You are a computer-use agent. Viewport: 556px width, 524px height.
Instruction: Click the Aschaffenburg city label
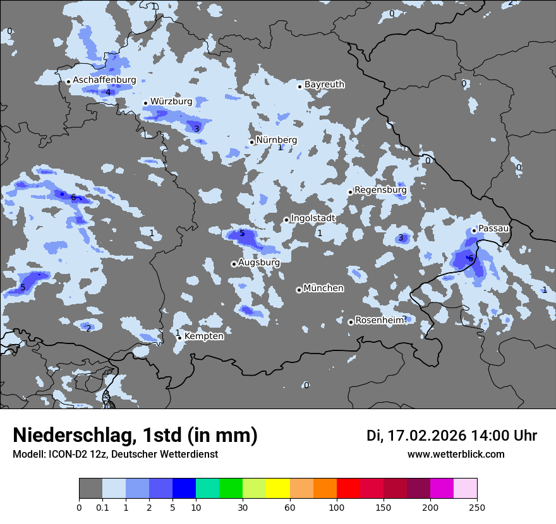point(104,80)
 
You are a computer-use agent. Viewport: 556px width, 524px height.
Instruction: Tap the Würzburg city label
point(171,101)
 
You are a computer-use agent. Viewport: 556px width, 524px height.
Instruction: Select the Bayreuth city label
point(324,84)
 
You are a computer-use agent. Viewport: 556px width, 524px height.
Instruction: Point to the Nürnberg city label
point(276,140)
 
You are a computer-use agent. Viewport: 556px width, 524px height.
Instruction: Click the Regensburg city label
point(380,189)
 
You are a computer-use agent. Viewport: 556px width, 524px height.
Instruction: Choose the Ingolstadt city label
point(313,218)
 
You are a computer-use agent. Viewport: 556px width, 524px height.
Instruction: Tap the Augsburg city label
point(259,262)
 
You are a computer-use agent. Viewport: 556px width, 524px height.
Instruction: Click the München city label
point(323,288)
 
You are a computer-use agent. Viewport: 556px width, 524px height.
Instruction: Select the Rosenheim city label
point(380,320)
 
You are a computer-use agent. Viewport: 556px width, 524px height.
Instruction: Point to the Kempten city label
point(203,336)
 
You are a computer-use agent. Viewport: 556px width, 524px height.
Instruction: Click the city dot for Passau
point(474,230)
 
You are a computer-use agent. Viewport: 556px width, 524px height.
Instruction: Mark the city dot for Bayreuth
point(300,86)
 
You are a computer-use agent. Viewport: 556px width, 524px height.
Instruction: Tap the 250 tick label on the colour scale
point(477,507)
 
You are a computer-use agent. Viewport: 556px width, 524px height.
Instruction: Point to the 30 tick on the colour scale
point(243,507)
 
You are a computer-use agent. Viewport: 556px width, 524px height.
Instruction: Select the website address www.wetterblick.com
point(456,454)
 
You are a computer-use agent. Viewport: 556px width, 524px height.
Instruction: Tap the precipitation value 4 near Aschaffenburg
point(108,92)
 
